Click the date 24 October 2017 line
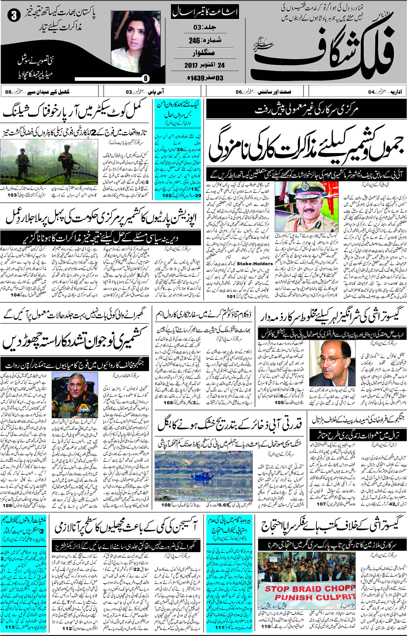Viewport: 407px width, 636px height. [204, 65]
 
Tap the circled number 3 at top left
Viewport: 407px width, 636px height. [14, 16]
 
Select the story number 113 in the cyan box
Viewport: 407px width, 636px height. [10, 627]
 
